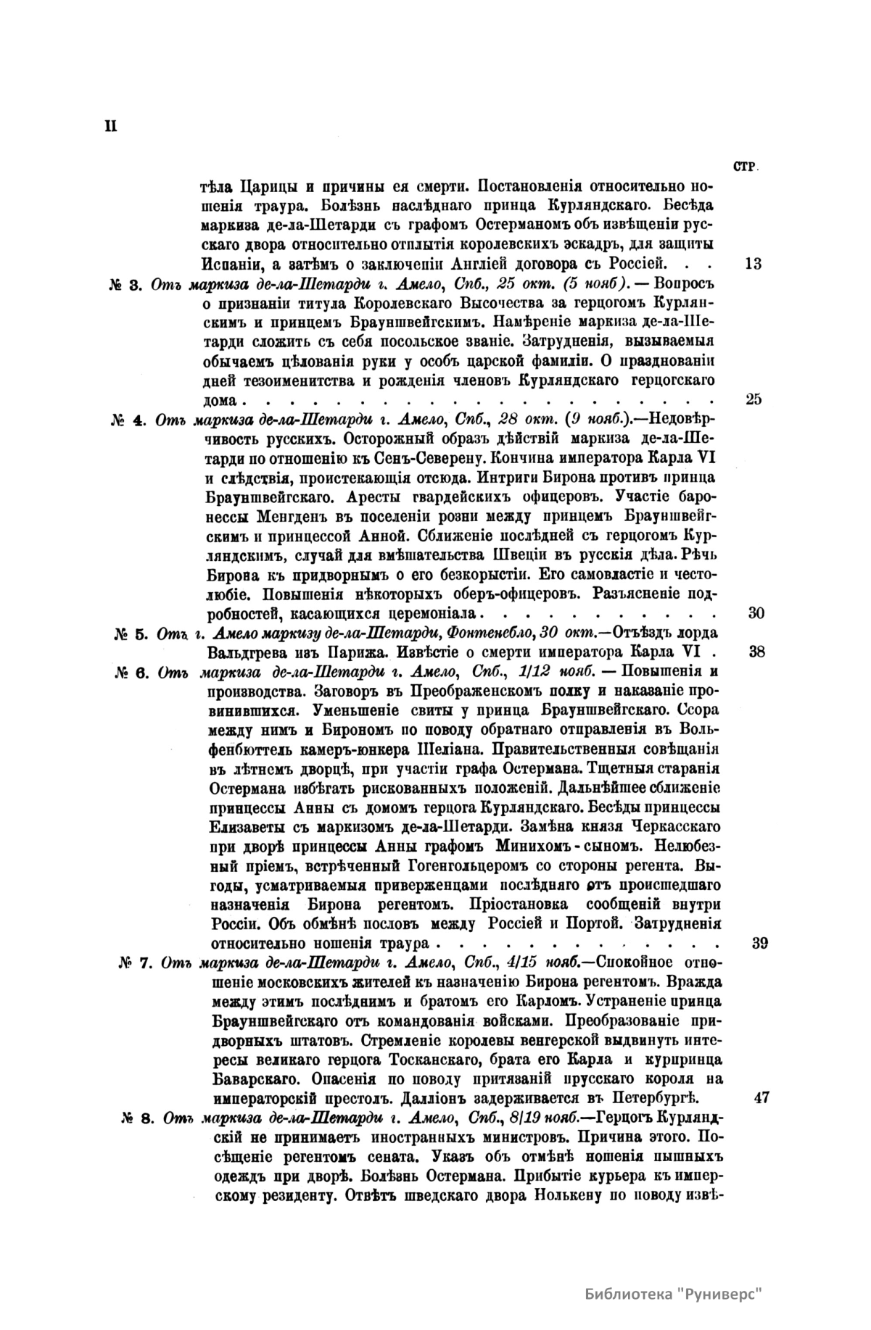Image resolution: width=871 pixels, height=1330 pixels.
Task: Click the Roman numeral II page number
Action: pos(111,125)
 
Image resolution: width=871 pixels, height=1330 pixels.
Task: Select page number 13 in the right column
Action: pos(753,263)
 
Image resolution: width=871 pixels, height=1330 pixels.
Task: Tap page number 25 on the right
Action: pos(753,399)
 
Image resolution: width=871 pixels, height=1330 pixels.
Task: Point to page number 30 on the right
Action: pos(756,613)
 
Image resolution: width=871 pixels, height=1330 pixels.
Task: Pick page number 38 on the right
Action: pos(756,650)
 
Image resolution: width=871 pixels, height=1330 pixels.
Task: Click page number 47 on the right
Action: pos(761,1077)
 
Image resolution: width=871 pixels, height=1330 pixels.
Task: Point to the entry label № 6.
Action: pos(132,670)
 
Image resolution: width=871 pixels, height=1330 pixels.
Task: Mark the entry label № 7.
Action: pos(135,963)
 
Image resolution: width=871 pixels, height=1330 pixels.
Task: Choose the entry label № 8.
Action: pos(139,1097)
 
